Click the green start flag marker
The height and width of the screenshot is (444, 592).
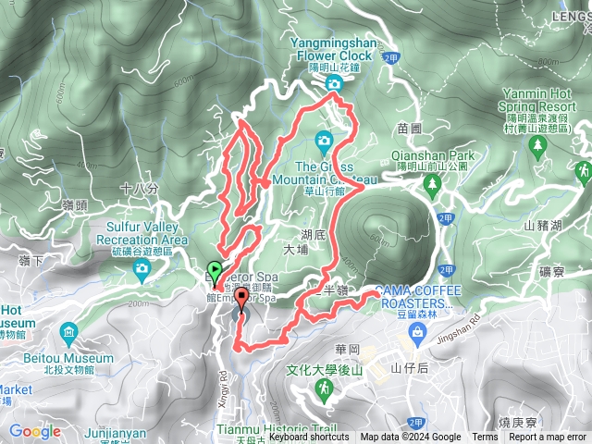(216, 271)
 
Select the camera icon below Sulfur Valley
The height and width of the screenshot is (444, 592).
(141, 269)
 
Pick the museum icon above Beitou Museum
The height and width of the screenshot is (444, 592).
(69, 332)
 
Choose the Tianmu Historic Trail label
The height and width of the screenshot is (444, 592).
(266, 429)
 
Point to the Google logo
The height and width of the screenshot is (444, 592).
(34, 431)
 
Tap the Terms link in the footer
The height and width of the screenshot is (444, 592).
(484, 438)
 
